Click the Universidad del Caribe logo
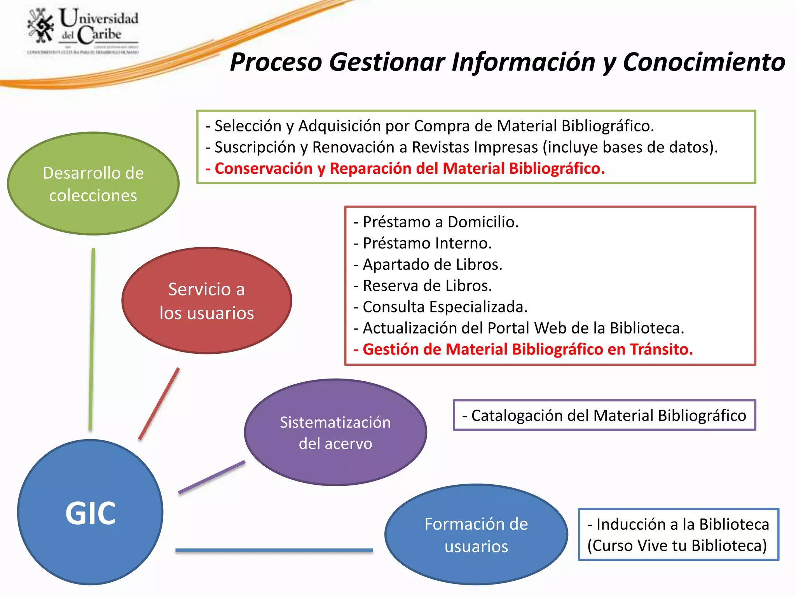click(x=83, y=31)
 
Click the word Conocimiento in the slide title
click(x=704, y=62)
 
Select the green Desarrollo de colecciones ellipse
click(x=93, y=184)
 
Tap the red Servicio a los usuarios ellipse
click(x=207, y=301)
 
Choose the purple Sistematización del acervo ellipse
click(x=335, y=433)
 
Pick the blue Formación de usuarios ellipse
click(x=476, y=535)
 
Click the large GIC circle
click(x=90, y=513)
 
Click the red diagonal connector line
click(x=159, y=404)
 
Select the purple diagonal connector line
click(x=212, y=477)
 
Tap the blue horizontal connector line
click(x=274, y=550)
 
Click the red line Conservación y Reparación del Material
click(x=405, y=169)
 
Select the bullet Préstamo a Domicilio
click(x=436, y=222)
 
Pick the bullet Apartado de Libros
click(x=428, y=265)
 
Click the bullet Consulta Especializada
click(x=441, y=307)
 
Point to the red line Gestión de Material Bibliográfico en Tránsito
click(x=523, y=349)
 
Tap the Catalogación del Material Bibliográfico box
click(x=604, y=415)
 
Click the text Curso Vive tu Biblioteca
click(x=677, y=546)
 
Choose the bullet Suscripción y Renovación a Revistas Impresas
click(x=462, y=147)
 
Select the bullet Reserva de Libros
click(x=423, y=286)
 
